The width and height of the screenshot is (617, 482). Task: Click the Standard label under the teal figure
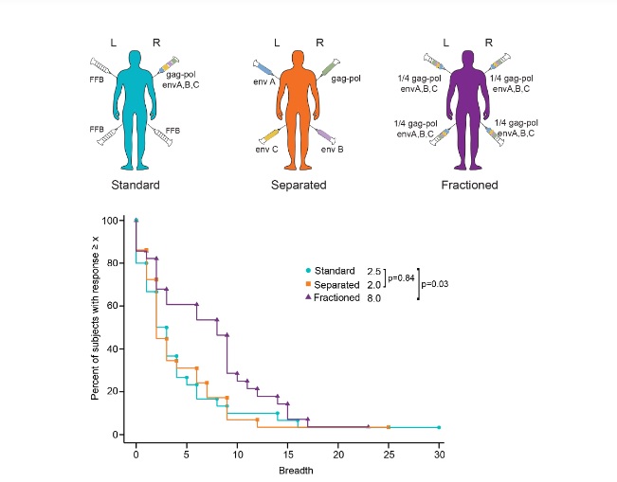click(x=135, y=185)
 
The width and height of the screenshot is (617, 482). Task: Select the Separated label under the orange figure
click(x=299, y=185)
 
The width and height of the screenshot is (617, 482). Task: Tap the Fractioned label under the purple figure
click(x=469, y=185)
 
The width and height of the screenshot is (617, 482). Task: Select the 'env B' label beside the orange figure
click(x=333, y=150)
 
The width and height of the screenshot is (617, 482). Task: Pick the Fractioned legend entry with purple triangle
click(x=346, y=297)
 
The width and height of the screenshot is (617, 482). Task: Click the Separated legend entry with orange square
click(x=346, y=284)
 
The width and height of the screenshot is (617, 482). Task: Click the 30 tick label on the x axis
click(x=439, y=455)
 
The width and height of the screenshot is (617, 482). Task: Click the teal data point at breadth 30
click(x=439, y=427)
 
